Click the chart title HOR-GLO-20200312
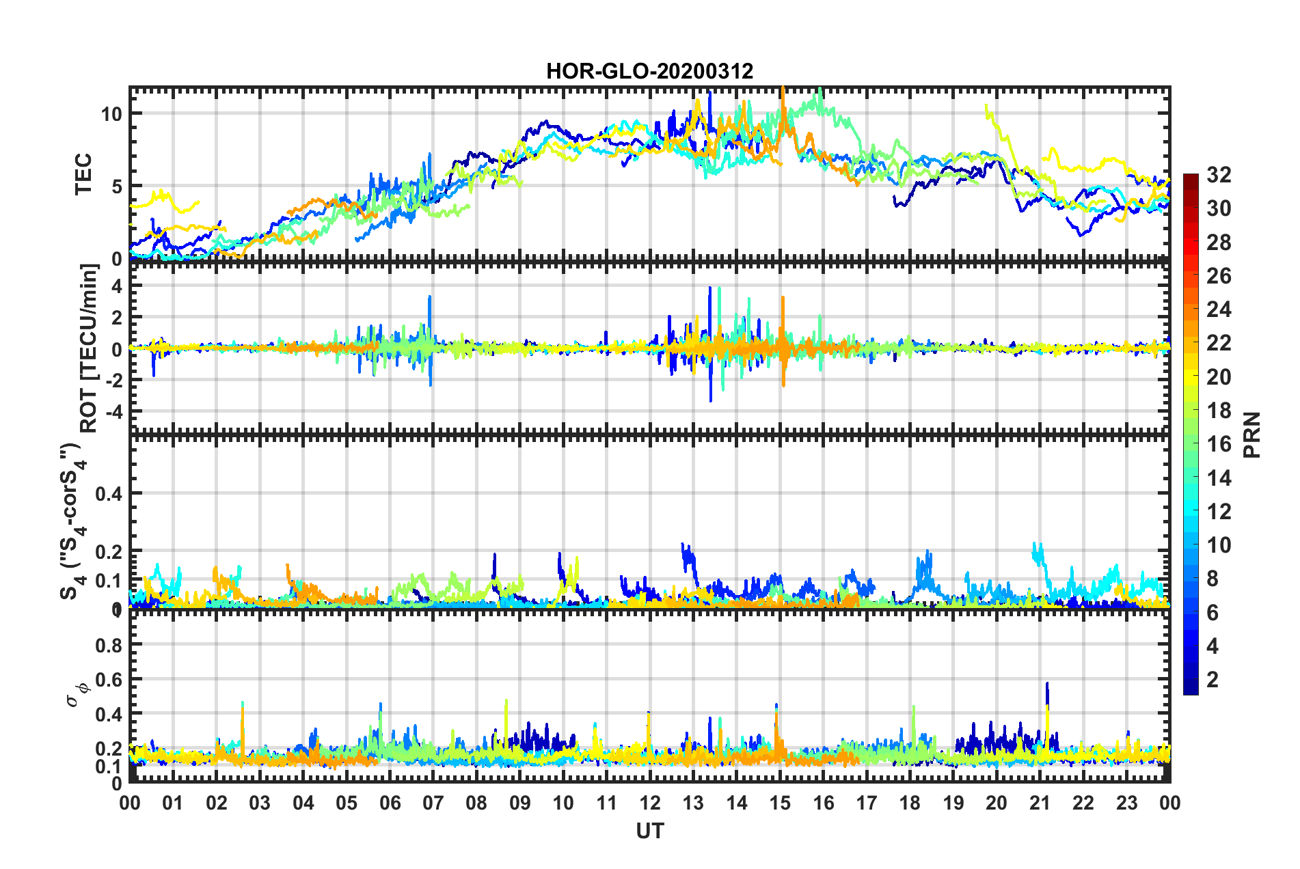pos(649,71)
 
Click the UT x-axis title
pos(649,831)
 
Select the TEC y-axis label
pos(83,174)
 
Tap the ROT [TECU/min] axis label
pos(89,348)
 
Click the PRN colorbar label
pos(1251,434)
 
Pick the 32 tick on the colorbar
pos(1219,175)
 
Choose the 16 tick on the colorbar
pos(1219,444)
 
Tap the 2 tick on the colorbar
pos(1213,679)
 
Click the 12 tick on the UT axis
pos(649,803)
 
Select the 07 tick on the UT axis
pos(433,803)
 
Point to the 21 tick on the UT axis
pos(1040,803)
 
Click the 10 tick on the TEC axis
pos(111,113)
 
